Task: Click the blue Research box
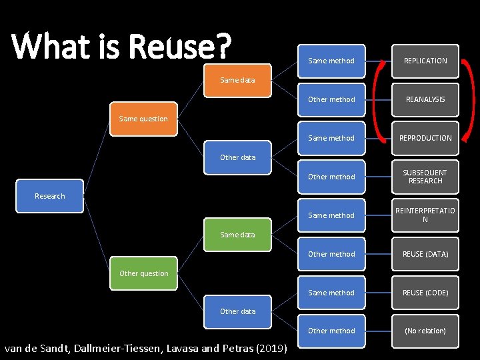click(x=50, y=196)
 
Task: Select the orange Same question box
click(x=143, y=119)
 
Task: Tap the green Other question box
click(x=143, y=273)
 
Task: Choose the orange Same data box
click(x=237, y=80)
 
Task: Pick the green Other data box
click(x=237, y=311)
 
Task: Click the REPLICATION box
click(x=425, y=61)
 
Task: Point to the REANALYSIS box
click(x=425, y=99)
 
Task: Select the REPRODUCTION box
click(x=425, y=138)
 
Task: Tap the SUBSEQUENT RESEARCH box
click(x=425, y=177)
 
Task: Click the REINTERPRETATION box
click(x=425, y=215)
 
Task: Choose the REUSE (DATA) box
click(x=425, y=254)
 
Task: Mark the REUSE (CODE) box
click(x=425, y=293)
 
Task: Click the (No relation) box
click(x=425, y=331)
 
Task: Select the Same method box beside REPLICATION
click(x=331, y=61)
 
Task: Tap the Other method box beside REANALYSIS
click(x=331, y=99)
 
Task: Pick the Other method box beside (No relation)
click(x=331, y=331)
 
